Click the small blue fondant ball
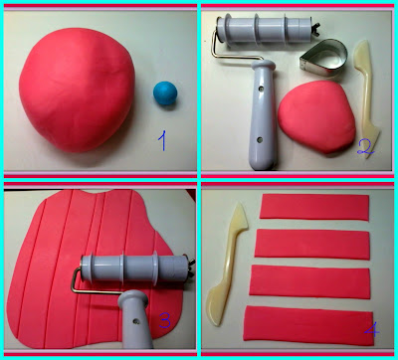click(165, 93)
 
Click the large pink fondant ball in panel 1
click(77, 90)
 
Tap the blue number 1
click(162, 140)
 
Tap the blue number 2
click(365, 147)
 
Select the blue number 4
click(371, 329)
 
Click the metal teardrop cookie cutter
click(323, 59)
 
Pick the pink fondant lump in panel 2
click(316, 116)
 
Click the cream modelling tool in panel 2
click(366, 99)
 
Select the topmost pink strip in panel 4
click(314, 207)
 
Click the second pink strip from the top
click(312, 244)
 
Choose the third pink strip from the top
click(309, 281)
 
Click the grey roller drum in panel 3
click(135, 268)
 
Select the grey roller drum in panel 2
click(266, 30)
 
